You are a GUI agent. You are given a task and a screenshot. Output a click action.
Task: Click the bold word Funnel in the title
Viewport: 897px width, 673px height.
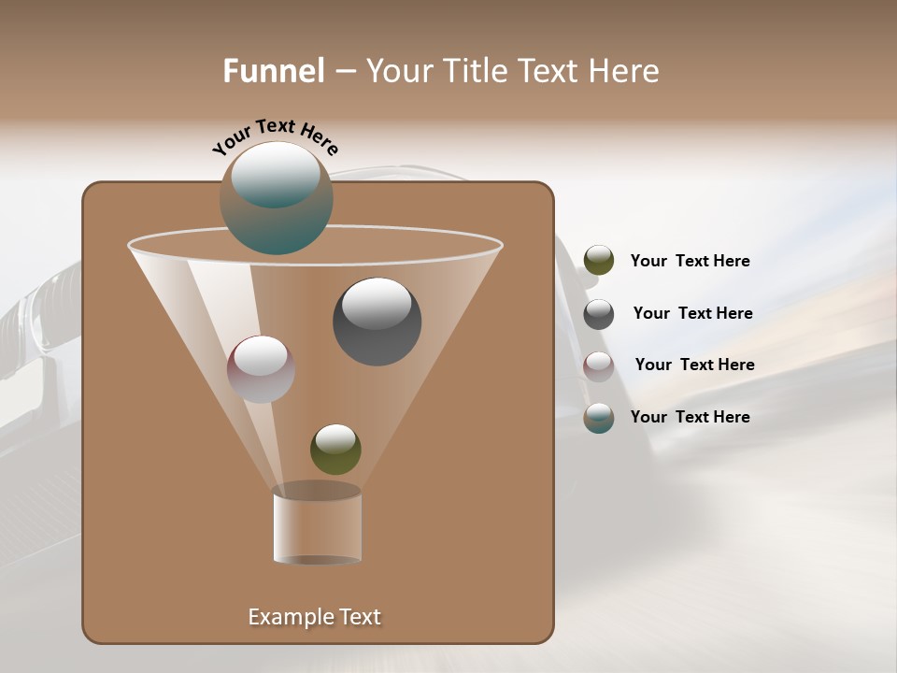pos(274,71)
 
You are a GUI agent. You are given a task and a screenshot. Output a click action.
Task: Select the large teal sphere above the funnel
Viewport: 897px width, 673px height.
pos(277,198)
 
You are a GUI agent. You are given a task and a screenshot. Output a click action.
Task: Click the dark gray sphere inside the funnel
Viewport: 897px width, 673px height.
pos(377,322)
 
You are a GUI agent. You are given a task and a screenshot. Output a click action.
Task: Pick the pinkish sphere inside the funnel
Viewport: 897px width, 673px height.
pos(261,369)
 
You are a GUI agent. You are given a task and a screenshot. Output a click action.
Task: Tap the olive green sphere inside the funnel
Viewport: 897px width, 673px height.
pos(335,450)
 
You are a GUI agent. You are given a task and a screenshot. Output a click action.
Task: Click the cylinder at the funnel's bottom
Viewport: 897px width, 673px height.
pos(318,525)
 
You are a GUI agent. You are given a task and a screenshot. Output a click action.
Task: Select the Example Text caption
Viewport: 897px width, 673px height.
pos(314,617)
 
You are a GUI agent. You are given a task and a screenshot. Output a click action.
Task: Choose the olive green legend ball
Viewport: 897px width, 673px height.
pos(599,261)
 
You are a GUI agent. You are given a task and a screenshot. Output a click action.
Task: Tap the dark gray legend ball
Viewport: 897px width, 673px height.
pos(599,314)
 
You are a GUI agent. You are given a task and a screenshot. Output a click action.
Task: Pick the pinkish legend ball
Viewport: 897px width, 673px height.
pos(599,365)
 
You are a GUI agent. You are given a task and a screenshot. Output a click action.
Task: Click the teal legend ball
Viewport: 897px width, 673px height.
pos(599,418)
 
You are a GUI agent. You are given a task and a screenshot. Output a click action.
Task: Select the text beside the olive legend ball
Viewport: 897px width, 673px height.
pos(690,262)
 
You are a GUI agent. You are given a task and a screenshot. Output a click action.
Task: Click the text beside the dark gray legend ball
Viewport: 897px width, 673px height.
pos(692,314)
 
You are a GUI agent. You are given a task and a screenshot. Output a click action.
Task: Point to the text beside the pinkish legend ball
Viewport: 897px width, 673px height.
pos(694,365)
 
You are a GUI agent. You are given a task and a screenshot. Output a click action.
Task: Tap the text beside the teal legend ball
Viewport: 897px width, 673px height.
pos(690,418)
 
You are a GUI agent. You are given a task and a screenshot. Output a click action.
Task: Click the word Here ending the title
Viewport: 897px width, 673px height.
pos(625,71)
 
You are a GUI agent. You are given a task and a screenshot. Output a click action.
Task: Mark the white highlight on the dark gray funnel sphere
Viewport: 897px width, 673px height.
pos(377,304)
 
